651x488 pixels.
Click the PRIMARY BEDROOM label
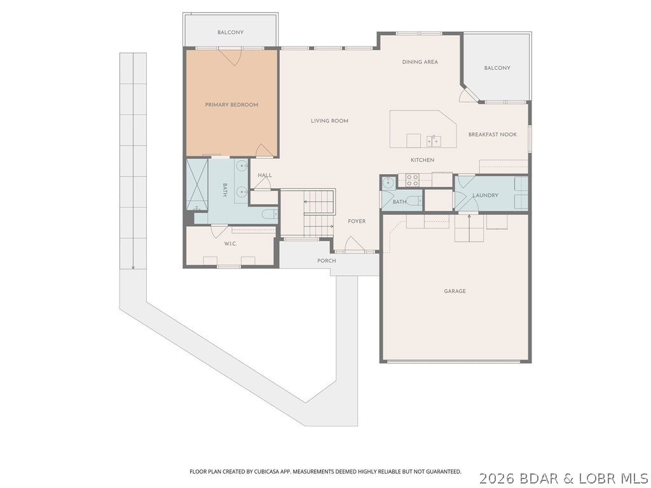231,105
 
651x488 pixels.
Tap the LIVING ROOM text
329,121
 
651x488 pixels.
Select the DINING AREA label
420,62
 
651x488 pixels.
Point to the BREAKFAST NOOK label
492,135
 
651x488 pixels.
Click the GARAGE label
455,291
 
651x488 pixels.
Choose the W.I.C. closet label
230,244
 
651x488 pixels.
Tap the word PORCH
327,261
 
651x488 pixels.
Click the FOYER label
357,221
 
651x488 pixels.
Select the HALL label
264,175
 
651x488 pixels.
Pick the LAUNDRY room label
485,196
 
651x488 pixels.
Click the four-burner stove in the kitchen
412,180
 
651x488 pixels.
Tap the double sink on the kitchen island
434,140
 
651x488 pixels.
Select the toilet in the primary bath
269,214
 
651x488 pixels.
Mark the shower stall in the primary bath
197,184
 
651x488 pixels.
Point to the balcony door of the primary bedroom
230,56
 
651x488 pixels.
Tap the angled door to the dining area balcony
469,95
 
